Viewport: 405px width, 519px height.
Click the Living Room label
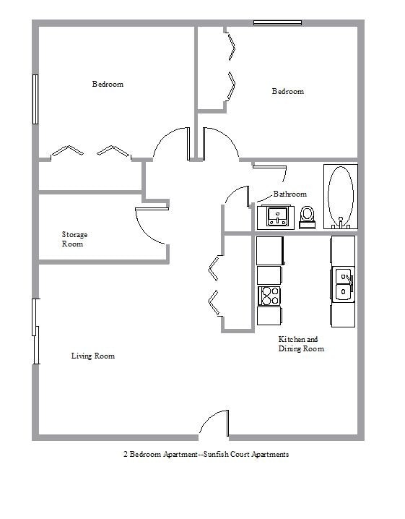(x=93, y=356)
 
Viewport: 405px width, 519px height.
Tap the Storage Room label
(x=74, y=239)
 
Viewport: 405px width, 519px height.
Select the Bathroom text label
(x=290, y=194)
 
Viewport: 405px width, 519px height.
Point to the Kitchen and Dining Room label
(x=301, y=343)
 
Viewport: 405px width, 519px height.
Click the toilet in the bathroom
(x=307, y=218)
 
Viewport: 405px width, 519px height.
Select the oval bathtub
(x=341, y=197)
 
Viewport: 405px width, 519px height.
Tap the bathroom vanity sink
(x=277, y=217)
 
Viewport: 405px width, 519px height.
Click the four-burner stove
(x=269, y=296)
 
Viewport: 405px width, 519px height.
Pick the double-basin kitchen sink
(x=344, y=284)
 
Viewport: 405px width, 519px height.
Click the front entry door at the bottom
(x=214, y=424)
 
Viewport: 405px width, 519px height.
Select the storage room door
(x=152, y=226)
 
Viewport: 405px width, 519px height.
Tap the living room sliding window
(x=35, y=331)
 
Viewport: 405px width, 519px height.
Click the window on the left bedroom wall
(x=35, y=99)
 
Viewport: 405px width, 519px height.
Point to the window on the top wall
(x=278, y=23)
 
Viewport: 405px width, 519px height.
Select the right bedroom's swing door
(x=220, y=143)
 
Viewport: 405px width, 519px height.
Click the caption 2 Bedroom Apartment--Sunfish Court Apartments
(x=206, y=454)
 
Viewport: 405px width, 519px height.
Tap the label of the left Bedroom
(x=108, y=84)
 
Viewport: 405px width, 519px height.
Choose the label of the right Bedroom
(x=288, y=91)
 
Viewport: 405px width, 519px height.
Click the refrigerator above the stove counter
(x=270, y=251)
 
